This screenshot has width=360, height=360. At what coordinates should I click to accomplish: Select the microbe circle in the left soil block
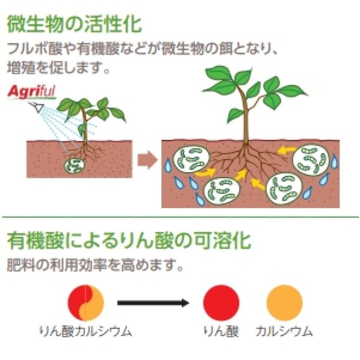pos(76,164)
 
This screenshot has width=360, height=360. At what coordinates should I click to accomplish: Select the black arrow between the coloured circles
pos(153,302)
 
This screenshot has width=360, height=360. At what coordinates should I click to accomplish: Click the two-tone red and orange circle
pos(86,302)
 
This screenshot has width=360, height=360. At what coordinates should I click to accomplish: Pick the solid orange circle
pos(284,302)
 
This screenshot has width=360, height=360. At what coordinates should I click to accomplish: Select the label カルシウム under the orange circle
pos(283,331)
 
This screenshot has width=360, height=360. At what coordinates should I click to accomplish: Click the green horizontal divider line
pos(180,217)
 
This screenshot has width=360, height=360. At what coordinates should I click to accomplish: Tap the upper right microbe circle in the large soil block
pos(310,160)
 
